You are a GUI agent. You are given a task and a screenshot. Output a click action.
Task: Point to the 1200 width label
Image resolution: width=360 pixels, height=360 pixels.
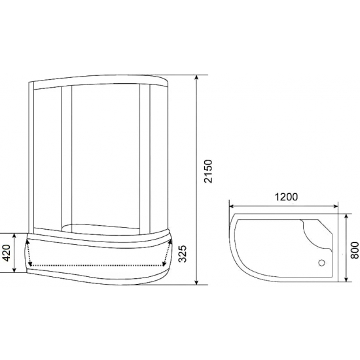(x=285, y=196)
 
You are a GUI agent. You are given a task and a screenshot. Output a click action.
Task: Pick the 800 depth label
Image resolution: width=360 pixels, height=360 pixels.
(x=353, y=249)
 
